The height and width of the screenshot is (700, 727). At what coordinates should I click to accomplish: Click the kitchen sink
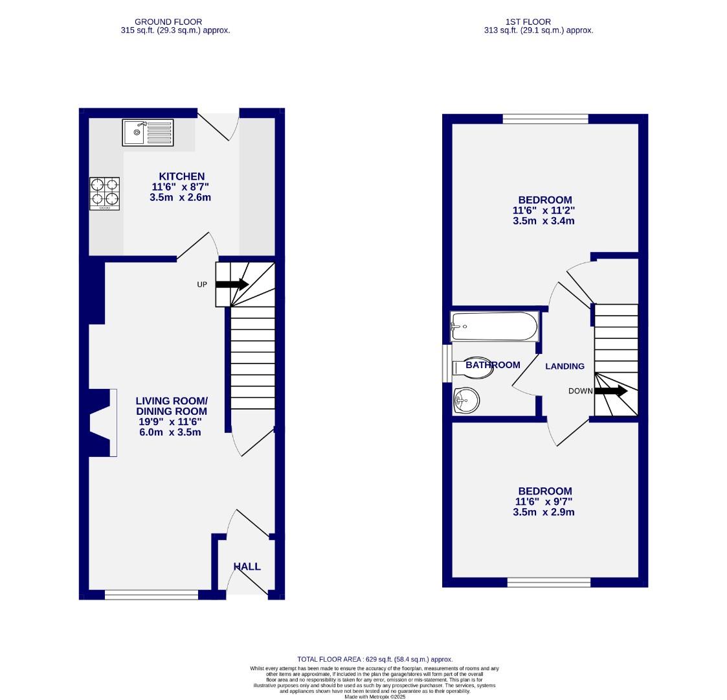(x=148, y=133)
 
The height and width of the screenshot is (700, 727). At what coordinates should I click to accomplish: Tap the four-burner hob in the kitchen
(x=104, y=193)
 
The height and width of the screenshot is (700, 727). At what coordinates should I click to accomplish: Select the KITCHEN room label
(x=182, y=176)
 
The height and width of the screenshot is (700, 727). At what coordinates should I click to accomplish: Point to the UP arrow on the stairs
(x=232, y=284)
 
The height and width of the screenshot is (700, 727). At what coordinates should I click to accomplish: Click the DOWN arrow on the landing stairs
(x=610, y=391)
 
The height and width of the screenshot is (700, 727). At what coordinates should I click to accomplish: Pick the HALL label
(x=247, y=566)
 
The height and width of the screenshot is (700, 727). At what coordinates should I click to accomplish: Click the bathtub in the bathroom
(x=495, y=326)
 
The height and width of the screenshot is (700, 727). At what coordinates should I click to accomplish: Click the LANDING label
(x=565, y=366)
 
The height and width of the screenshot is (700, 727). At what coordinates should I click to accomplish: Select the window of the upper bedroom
(x=545, y=119)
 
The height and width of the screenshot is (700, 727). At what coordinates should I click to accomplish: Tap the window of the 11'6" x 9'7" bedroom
(x=549, y=582)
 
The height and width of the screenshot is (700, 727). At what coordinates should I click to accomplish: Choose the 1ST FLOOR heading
(x=539, y=22)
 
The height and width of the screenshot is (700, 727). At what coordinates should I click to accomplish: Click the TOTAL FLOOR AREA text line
(x=375, y=659)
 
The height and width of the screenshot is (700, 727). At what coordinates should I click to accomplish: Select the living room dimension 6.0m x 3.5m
(x=170, y=432)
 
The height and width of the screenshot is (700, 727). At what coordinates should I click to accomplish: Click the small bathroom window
(x=446, y=364)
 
